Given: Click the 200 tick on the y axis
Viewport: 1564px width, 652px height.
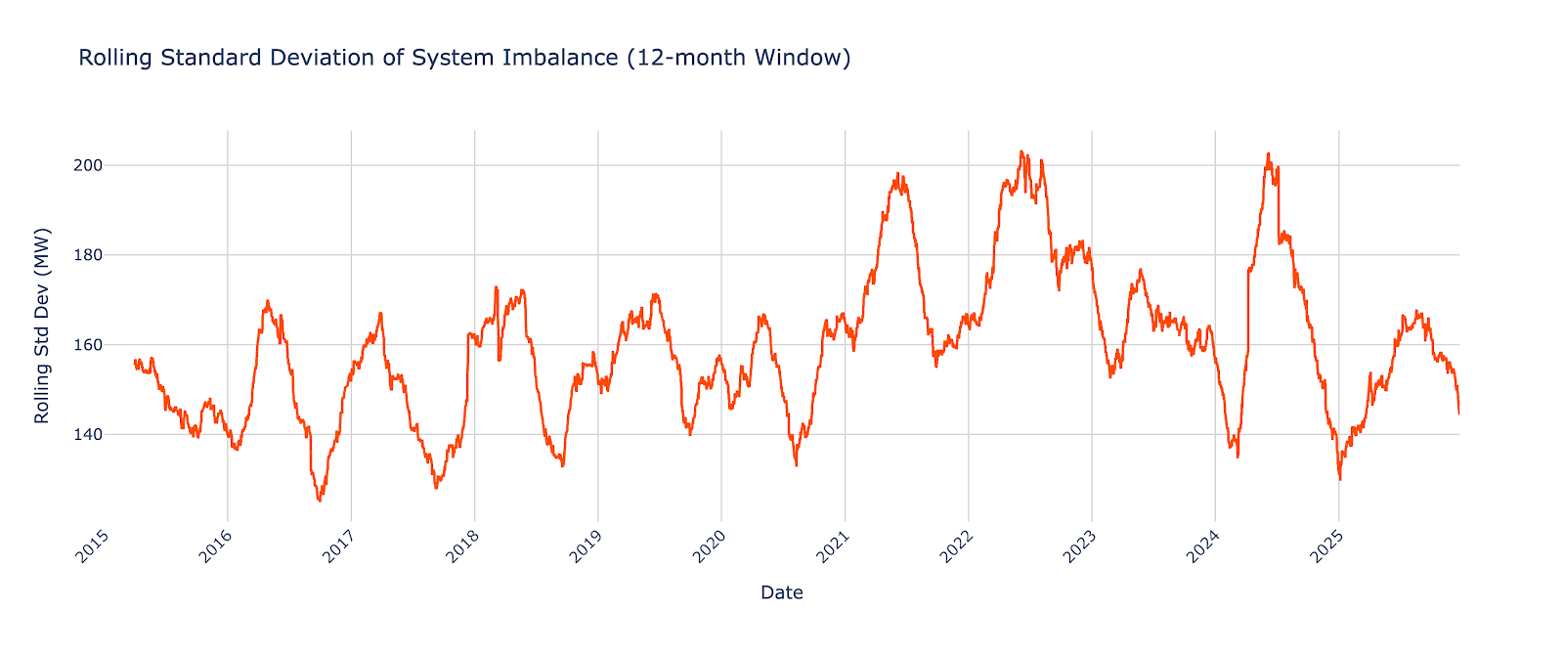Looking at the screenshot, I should click(89, 165).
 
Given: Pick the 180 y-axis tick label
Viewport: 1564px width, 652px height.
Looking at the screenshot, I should click(89, 255).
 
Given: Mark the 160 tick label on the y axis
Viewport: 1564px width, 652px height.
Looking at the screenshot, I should click(89, 345).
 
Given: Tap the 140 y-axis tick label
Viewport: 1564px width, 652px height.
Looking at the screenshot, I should click(89, 435).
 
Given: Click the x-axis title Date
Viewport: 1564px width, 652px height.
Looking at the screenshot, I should click(781, 592).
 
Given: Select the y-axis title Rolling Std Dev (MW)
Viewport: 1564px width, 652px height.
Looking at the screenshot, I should click(41, 326).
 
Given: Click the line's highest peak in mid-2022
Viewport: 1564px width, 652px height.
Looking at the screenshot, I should click(1021, 152).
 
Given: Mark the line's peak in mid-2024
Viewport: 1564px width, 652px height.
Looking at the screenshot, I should click(1268, 153).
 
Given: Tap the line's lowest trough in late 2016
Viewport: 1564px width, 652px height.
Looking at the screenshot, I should click(319, 500).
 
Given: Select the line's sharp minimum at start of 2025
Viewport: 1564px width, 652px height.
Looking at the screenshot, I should click(1339, 479).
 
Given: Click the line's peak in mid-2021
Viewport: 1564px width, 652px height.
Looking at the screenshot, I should click(897, 174).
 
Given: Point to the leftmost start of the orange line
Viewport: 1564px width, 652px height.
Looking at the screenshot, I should click(134, 361).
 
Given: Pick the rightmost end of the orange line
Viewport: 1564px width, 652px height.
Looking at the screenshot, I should click(1458, 413).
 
